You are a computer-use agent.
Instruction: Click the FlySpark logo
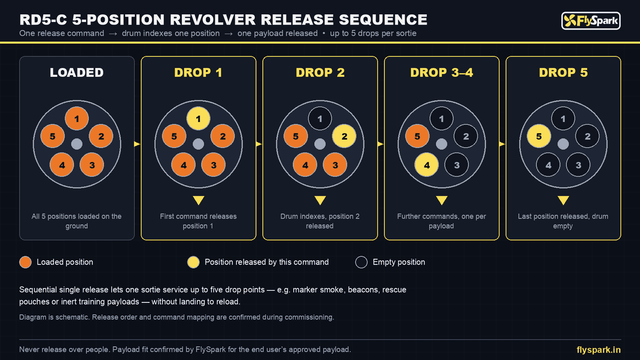coord(591,21)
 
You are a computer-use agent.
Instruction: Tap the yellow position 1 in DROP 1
coord(198,118)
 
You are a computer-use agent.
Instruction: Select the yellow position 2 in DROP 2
coord(345,137)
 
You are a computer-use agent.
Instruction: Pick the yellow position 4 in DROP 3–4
coord(427,165)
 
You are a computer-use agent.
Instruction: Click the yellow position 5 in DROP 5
coord(539,137)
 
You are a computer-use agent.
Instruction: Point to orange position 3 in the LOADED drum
coord(92,165)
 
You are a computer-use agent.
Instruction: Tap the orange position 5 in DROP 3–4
coord(417,137)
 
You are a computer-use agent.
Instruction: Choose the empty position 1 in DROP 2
coord(320,118)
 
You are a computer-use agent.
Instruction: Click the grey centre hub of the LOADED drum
coord(77,144)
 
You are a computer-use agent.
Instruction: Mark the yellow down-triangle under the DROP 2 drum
coord(320,200)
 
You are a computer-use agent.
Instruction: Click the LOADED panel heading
coord(77,73)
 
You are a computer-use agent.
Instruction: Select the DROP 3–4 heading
coord(442,73)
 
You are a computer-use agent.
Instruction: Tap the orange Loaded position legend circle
coord(26,262)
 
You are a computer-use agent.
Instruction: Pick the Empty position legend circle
coord(361,262)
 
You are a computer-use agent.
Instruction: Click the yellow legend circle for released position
coord(194,262)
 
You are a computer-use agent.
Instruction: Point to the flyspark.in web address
coord(598,350)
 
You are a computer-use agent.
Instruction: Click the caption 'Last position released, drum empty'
coord(563,221)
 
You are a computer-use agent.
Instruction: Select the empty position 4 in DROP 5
coord(548,165)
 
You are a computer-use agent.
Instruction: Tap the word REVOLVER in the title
coord(213,20)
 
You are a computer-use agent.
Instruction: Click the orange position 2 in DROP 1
coord(222,137)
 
